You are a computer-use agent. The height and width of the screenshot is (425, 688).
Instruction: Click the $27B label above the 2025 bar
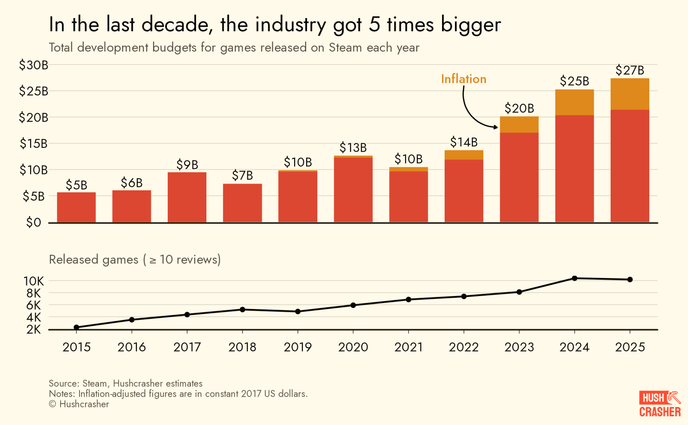coord(630,70)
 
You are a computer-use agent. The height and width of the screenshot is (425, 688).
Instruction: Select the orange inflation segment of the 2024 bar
coord(574,102)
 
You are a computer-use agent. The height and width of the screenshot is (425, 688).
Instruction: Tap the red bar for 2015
coord(77,207)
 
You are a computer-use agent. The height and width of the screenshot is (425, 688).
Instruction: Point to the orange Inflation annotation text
coord(464,79)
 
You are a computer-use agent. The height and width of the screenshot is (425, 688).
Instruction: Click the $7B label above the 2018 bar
coord(243,175)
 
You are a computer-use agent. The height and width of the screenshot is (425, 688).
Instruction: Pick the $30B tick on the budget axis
coord(34,65)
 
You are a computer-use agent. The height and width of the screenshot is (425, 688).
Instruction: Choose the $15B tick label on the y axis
coord(34,144)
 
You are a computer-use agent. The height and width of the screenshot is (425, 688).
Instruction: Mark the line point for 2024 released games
coord(574,278)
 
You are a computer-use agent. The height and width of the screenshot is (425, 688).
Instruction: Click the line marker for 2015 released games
coord(77,327)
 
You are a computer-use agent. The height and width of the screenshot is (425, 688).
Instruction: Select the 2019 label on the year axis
coord(298,347)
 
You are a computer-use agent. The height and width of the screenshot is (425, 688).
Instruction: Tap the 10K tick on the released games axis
coord(34,281)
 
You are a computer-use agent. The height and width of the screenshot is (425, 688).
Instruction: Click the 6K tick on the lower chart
coord(34,306)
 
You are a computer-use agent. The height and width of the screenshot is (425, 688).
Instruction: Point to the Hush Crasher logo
coord(660,404)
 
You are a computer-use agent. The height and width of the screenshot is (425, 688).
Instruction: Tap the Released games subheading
coord(135,260)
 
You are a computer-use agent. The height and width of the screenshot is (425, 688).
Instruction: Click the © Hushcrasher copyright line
coord(79,404)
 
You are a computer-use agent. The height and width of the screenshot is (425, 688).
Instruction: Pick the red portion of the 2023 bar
coord(519,177)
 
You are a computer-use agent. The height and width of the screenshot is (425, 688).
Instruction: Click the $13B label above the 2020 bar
coord(353,148)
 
